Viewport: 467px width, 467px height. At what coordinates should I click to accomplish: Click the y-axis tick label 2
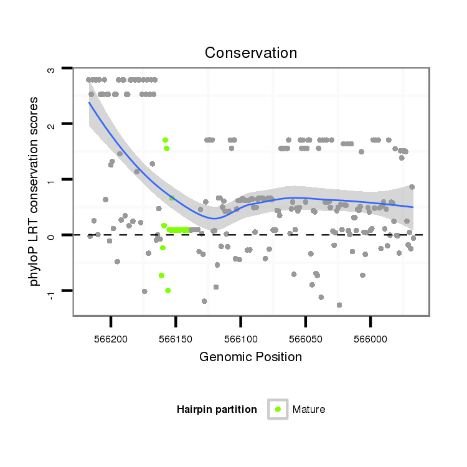52,125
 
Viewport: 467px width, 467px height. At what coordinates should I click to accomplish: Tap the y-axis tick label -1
52,292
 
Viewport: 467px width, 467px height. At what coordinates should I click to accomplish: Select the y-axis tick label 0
52,235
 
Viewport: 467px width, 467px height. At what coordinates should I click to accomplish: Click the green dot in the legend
278,409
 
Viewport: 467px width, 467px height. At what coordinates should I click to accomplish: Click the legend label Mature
309,409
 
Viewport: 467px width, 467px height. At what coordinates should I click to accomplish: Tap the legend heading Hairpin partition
217,409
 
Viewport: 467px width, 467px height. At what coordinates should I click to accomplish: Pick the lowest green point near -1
167,291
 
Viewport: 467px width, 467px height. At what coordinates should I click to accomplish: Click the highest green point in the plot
165,140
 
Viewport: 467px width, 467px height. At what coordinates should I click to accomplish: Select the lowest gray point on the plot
339,305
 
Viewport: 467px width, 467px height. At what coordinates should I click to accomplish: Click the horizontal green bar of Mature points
178,230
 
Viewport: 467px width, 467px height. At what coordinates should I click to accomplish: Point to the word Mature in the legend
309,409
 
